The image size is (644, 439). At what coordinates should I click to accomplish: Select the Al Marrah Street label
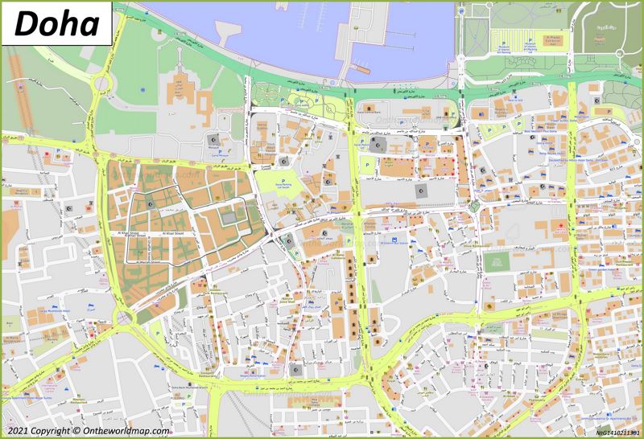coord(151,261)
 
